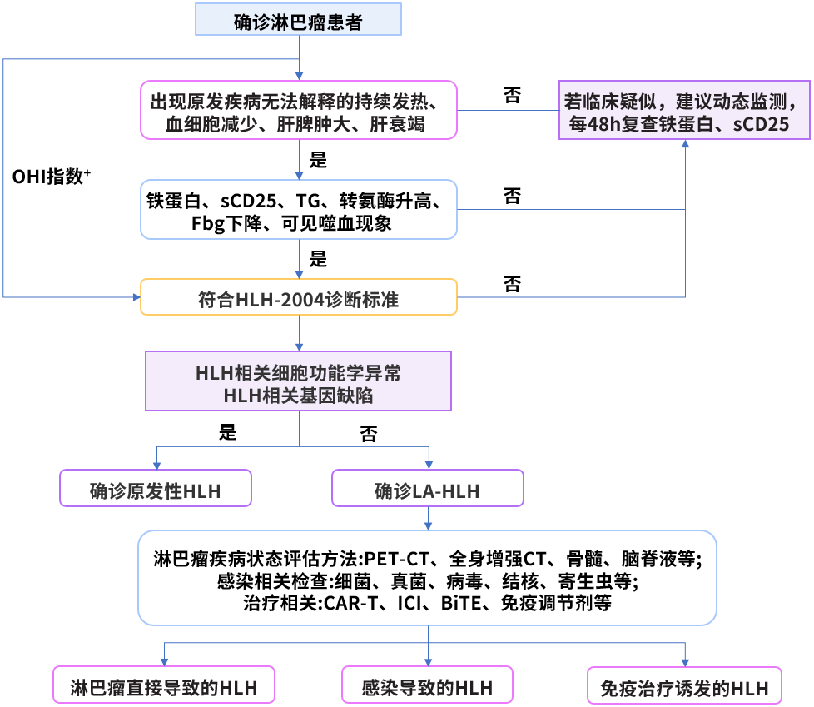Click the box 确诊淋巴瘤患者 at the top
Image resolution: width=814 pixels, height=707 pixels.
(x=298, y=19)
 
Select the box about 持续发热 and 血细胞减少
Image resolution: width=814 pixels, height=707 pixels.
(x=299, y=110)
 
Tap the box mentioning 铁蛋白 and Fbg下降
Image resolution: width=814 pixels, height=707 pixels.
(x=299, y=209)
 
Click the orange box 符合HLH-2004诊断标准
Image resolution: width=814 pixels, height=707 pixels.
(x=299, y=297)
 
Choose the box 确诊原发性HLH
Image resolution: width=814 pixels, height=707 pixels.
(x=156, y=489)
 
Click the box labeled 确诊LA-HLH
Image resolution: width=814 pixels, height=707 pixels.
(x=428, y=489)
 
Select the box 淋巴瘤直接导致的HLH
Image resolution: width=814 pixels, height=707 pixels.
(x=163, y=686)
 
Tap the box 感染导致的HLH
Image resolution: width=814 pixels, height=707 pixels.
(x=428, y=686)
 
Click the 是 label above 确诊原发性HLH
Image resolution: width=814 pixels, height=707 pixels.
(x=227, y=431)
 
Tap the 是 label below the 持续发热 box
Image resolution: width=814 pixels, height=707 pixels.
(x=318, y=158)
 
